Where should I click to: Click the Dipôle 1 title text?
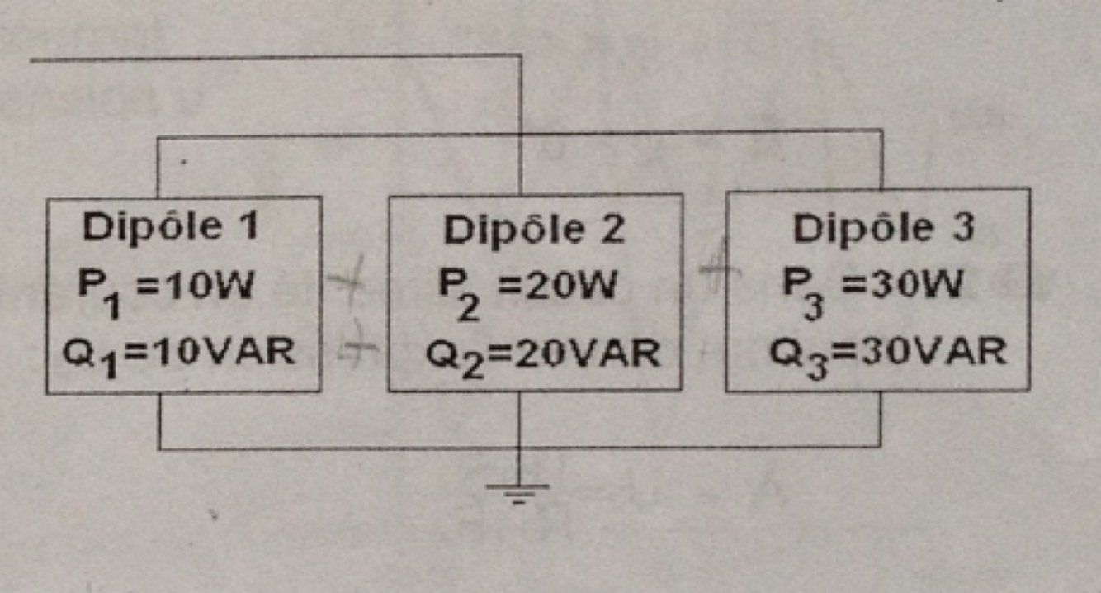[169, 227]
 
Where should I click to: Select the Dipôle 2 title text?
[534, 230]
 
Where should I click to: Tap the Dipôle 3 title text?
[883, 229]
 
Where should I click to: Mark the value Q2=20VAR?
[542, 355]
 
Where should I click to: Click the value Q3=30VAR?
[887, 353]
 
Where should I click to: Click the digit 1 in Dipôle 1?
[247, 227]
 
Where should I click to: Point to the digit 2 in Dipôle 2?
[612, 230]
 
